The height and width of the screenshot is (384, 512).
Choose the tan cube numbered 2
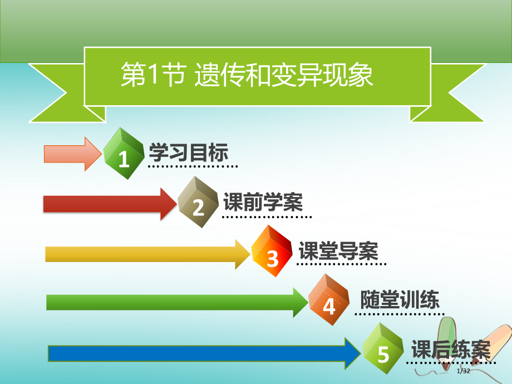click(199, 203)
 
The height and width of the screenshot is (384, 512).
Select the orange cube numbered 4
click(329, 301)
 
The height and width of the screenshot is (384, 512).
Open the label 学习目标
click(189, 152)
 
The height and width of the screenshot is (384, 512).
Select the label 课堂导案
click(338, 252)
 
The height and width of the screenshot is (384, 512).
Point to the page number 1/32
click(463, 372)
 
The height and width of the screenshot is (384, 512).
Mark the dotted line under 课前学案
click(267, 216)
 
